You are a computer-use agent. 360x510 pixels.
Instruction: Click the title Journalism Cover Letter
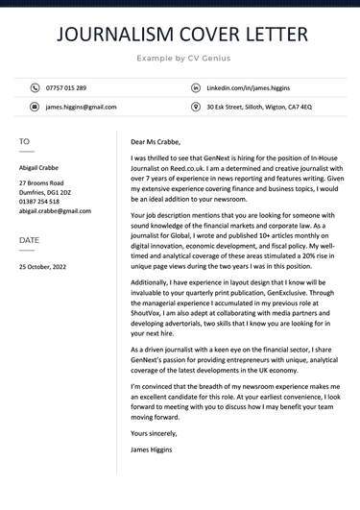(180, 35)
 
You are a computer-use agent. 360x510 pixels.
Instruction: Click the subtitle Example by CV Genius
(180, 60)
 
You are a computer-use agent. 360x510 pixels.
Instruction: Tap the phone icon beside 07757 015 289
(35, 87)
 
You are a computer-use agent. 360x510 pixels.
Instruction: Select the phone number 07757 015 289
(67, 87)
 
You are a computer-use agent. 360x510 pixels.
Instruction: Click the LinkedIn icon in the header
(196, 87)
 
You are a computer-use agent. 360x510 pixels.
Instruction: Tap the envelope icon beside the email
(35, 108)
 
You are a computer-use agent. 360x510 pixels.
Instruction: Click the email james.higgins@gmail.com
(81, 108)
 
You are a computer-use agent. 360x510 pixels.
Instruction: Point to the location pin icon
(196, 108)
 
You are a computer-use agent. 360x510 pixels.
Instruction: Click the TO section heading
(24, 142)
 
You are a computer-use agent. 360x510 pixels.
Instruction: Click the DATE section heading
(30, 240)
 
